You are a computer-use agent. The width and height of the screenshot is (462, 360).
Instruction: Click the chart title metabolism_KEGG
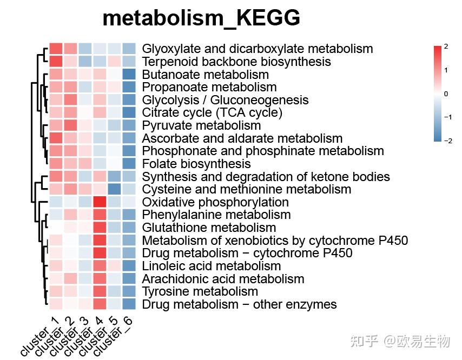tap(201, 18)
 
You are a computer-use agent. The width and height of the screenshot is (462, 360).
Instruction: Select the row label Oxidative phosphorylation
tap(215, 202)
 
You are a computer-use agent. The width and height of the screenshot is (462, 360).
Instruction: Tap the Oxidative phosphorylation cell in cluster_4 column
tap(100, 202)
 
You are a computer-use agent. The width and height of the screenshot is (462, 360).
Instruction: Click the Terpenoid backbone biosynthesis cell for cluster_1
tap(56, 62)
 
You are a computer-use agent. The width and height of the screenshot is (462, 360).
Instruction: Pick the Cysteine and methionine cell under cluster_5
tap(114, 189)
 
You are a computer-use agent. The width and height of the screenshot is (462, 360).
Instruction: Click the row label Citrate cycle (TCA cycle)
tap(212, 112)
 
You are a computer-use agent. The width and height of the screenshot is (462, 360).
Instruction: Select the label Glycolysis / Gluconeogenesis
tap(225, 100)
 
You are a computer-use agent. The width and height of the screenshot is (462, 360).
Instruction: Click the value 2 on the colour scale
tap(446, 47)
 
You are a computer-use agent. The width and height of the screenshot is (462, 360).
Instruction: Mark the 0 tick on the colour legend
tap(446, 94)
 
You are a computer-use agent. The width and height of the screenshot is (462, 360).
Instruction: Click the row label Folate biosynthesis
tap(196, 164)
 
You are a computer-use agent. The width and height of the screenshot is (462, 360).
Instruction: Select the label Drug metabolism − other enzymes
tap(239, 304)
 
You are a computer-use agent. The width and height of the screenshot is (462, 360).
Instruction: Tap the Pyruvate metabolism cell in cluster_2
tap(70, 125)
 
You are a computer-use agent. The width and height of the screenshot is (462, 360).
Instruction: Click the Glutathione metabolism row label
tap(209, 228)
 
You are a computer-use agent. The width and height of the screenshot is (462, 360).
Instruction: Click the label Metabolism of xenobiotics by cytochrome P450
tap(275, 241)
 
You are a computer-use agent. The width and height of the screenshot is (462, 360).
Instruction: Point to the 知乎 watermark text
tap(364, 341)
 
